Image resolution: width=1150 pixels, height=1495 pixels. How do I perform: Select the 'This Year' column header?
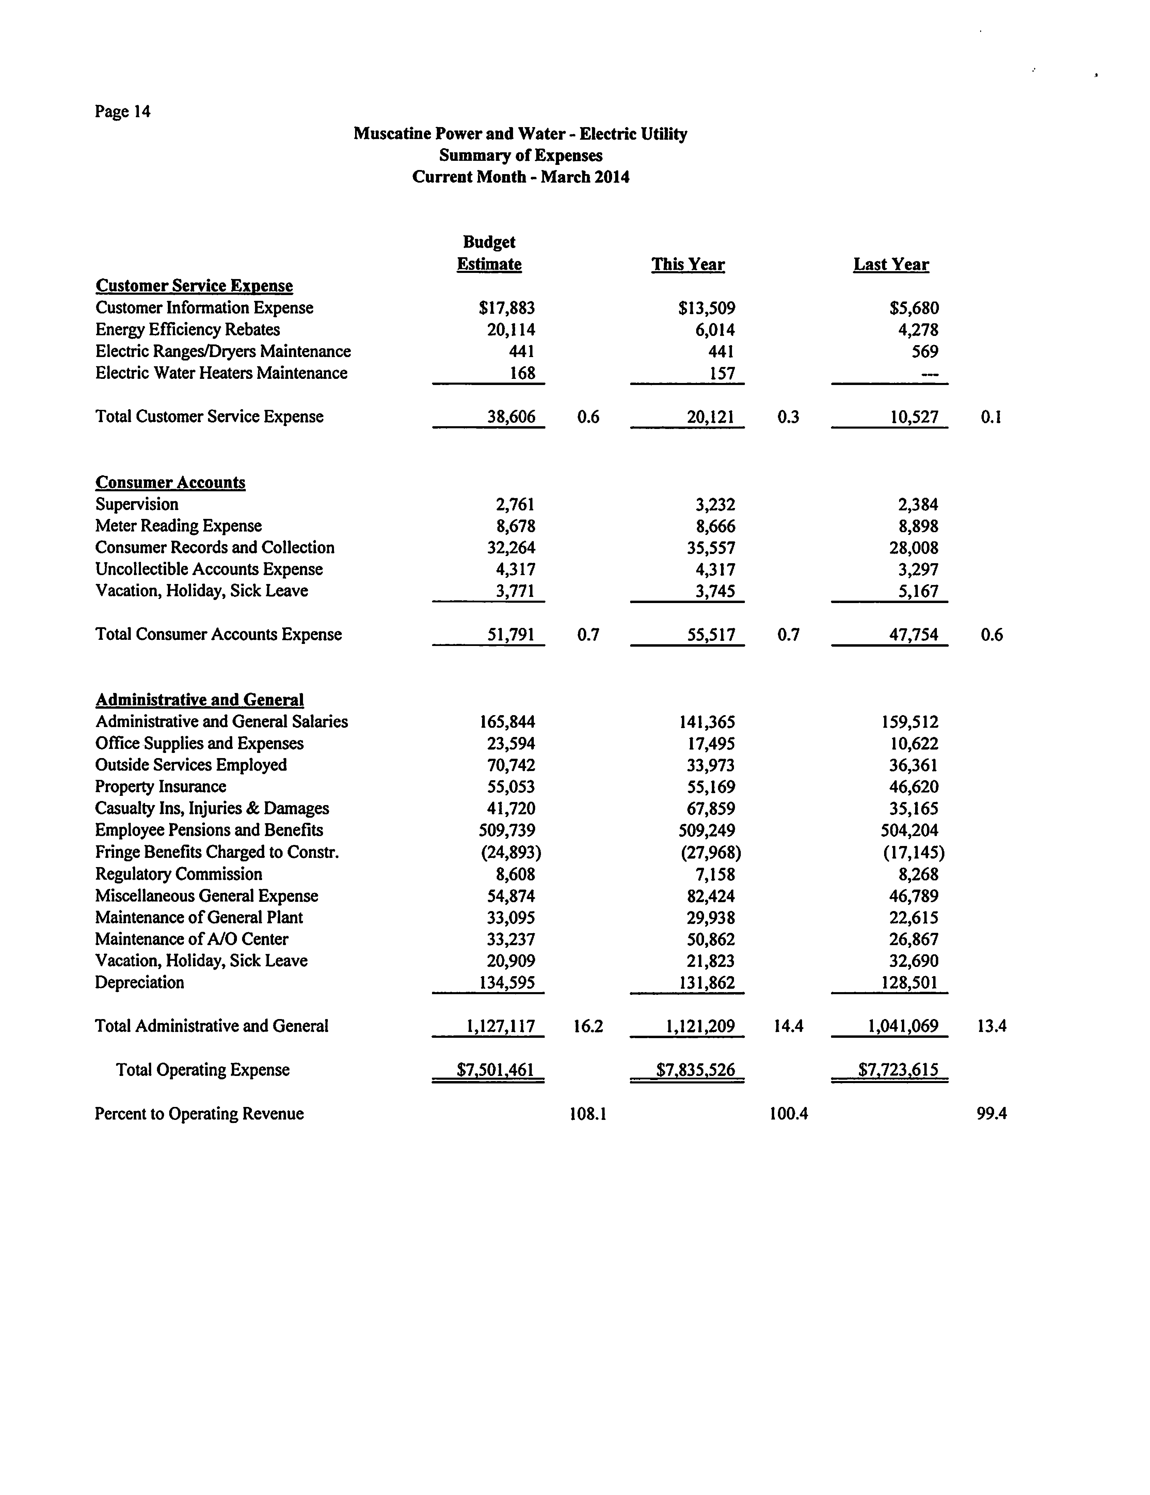point(688,265)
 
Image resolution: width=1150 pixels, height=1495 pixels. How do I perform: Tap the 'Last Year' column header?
point(891,265)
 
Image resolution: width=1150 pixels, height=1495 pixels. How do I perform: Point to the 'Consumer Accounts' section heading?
point(170,482)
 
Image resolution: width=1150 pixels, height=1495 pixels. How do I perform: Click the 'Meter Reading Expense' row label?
point(178,526)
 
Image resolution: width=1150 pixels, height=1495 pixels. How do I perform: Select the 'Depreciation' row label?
point(140,983)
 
